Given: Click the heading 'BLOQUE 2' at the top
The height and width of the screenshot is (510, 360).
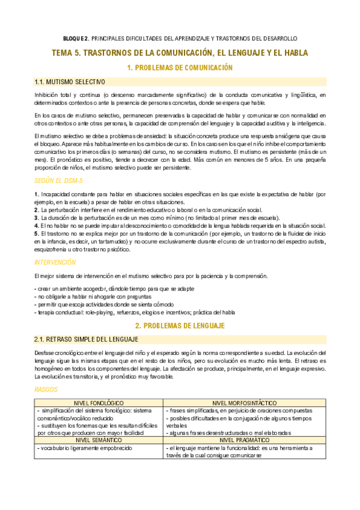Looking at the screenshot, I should (x=76, y=38).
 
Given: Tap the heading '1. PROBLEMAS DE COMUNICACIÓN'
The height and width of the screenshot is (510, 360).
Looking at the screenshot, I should (x=180, y=68).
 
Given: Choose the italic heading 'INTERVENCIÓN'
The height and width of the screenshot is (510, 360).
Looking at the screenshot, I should (x=55, y=262).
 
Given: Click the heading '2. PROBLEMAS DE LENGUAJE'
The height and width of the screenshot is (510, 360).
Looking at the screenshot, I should (x=180, y=325).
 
